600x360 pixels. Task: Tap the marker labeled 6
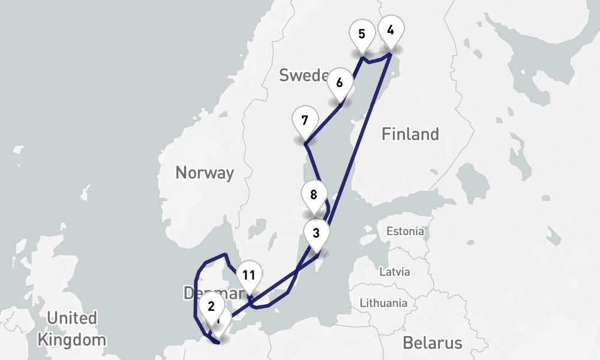click(340, 83)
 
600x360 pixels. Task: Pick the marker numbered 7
click(305, 121)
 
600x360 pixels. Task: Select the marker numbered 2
click(211, 307)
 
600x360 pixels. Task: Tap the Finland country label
click(410, 134)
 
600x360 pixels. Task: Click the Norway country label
click(204, 173)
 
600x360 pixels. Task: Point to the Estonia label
click(405, 231)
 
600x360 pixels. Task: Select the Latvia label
click(395, 271)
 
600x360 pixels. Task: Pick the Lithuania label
click(383, 303)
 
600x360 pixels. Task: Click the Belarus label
click(432, 343)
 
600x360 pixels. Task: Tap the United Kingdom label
click(71, 328)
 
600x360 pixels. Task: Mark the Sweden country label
click(304, 75)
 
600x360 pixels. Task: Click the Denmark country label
click(210, 293)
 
